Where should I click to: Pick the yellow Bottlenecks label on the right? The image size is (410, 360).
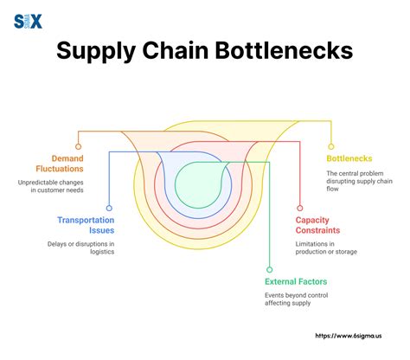pyautogui.click(x=349, y=158)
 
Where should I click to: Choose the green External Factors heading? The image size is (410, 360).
pyautogui.click(x=296, y=281)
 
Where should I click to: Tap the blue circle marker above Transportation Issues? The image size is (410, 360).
pyautogui.click(x=109, y=208)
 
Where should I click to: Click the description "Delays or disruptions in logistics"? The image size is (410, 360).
pyautogui.click(x=80, y=249)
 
